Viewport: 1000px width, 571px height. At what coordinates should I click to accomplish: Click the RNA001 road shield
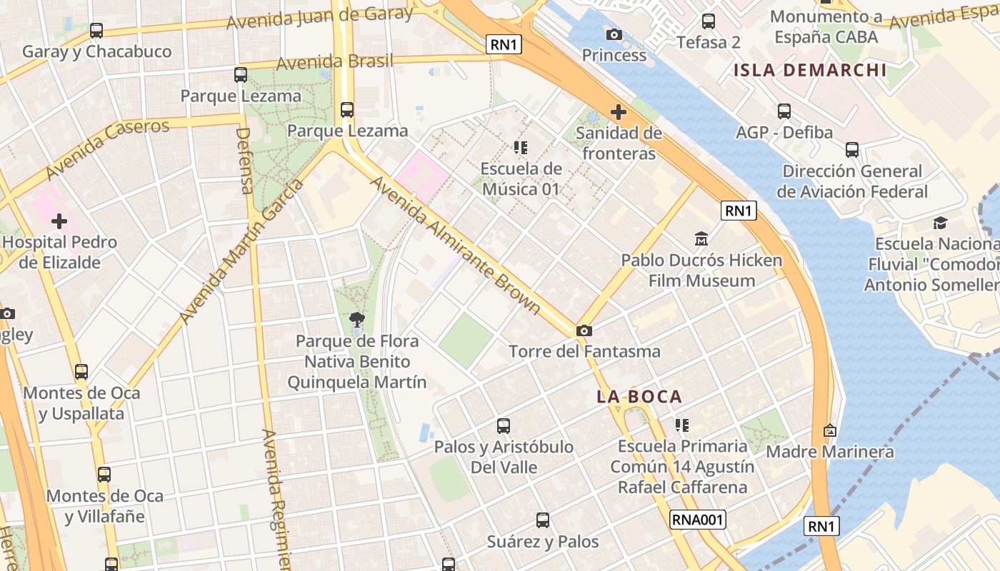click(x=698, y=520)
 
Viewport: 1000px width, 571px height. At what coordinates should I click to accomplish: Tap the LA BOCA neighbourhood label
click(x=639, y=397)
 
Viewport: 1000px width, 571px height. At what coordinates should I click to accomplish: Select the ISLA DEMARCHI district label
click(x=810, y=70)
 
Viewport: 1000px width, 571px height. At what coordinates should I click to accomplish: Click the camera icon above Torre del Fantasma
click(x=584, y=330)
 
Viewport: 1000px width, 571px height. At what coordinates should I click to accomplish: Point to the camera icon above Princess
click(x=614, y=34)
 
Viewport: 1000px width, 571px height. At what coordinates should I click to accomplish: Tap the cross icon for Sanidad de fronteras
click(x=619, y=112)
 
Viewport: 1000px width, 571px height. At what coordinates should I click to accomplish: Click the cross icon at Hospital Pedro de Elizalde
click(x=59, y=221)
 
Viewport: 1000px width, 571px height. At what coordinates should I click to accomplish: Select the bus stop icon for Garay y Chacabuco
click(x=96, y=31)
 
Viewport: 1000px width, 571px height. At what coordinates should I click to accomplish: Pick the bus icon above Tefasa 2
click(x=709, y=21)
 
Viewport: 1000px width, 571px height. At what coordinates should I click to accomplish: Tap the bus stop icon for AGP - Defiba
click(x=784, y=111)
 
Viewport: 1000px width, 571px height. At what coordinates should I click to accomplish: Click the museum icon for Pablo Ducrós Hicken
click(x=701, y=238)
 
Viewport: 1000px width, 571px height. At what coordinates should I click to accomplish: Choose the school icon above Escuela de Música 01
click(x=521, y=148)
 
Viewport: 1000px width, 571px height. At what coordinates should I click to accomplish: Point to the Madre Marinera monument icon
click(x=829, y=430)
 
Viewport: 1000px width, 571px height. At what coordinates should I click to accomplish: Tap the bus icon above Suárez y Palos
click(x=543, y=520)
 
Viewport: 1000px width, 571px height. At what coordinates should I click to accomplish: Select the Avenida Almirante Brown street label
click(x=454, y=244)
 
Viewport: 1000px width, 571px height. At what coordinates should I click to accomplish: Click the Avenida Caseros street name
click(x=108, y=150)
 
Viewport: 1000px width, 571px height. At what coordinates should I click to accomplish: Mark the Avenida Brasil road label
click(x=334, y=62)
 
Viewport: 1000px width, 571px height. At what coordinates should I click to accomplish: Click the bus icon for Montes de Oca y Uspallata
click(x=81, y=372)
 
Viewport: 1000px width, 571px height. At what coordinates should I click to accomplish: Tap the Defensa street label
click(x=245, y=161)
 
